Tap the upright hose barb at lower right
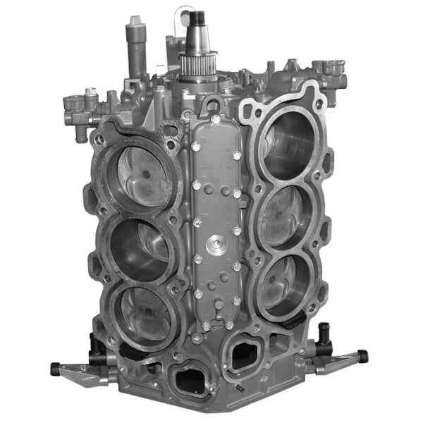click(x=324, y=331)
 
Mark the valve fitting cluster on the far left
click(x=78, y=106)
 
